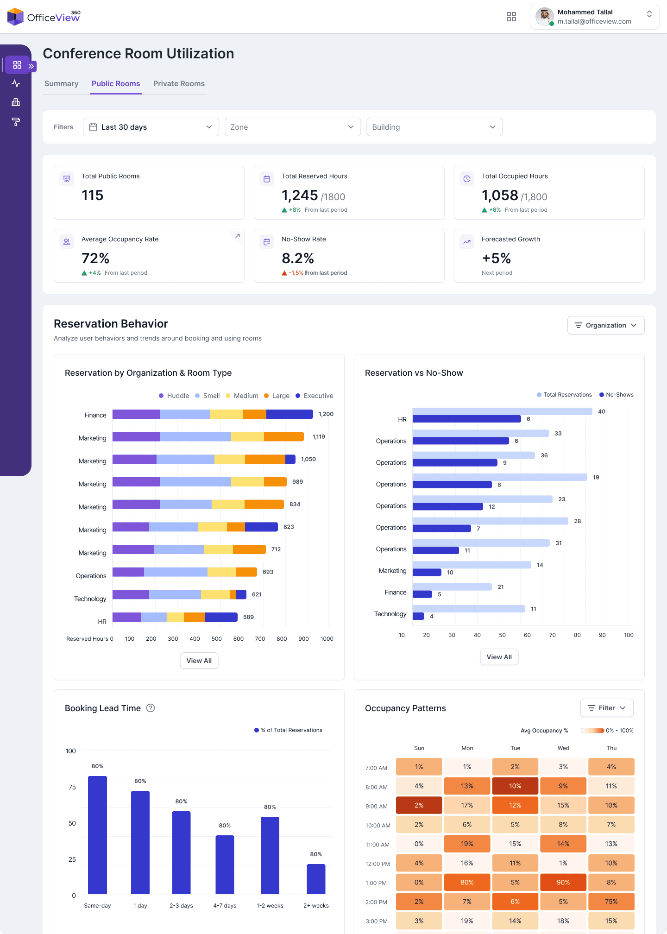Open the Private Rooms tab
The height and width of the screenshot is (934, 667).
[179, 84]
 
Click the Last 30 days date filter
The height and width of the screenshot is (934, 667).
[151, 127]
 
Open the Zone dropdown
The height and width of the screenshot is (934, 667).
[292, 127]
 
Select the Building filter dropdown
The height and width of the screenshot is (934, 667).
[434, 127]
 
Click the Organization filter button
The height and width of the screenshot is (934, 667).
[605, 325]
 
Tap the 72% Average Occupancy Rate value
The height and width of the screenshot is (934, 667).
[95, 258]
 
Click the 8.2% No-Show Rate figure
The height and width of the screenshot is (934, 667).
[298, 258]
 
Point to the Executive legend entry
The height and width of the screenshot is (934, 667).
[315, 396]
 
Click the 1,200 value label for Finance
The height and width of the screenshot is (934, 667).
[326, 414]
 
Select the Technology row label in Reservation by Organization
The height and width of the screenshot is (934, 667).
[90, 599]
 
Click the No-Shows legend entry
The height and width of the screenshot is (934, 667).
[617, 395]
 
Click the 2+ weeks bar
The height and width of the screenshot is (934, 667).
[316, 879]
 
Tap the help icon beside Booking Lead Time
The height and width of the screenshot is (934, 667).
[151, 708]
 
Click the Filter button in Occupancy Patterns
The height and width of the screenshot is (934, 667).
[606, 708]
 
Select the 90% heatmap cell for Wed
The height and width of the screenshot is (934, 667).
[563, 883]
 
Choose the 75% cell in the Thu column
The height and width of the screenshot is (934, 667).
[611, 902]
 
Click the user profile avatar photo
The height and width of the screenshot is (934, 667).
[544, 17]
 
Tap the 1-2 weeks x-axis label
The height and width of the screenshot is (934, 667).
[270, 906]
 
